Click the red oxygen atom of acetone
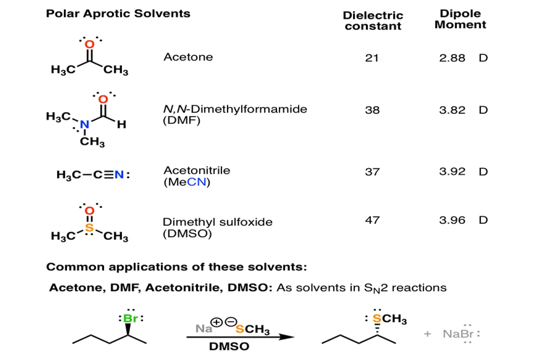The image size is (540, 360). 89,44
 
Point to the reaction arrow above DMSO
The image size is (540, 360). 240,337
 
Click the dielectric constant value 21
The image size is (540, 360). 371,58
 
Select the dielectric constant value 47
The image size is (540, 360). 372,220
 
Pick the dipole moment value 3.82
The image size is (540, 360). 452,110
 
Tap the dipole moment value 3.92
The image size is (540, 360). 452,171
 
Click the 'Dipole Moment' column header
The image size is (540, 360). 460,19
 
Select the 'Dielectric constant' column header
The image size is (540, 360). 372,21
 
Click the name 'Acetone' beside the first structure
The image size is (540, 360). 188,57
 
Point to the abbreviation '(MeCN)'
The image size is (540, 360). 187,182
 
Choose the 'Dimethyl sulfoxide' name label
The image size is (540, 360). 217,222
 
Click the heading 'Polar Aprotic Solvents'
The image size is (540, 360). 118,13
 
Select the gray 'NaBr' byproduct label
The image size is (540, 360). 457,333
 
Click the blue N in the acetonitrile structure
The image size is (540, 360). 118,175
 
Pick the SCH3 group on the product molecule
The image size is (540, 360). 389,320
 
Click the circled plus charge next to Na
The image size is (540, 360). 217,322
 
